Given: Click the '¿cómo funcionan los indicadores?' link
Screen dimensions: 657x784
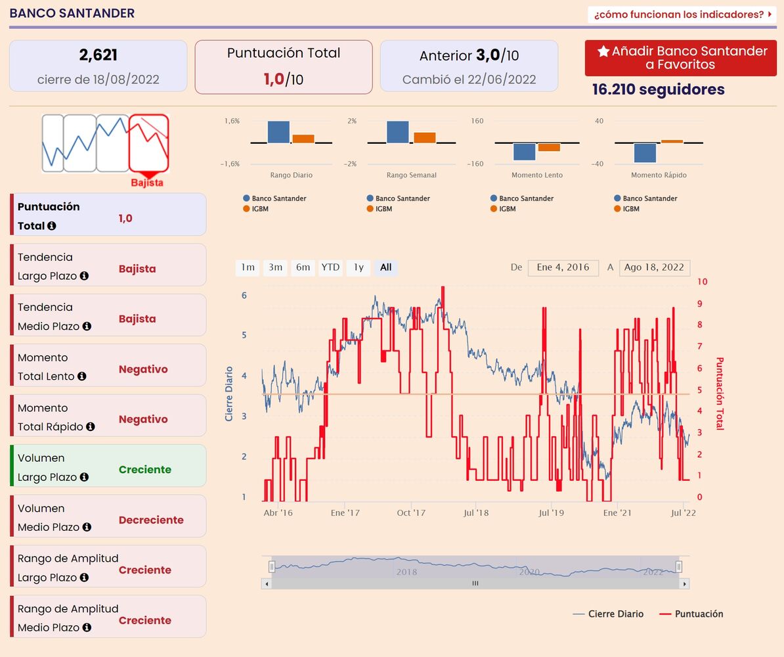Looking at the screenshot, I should [681, 14].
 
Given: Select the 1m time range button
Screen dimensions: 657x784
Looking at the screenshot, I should [248, 267].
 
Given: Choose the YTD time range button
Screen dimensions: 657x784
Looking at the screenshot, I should [330, 267].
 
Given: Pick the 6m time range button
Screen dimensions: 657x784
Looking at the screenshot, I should [303, 267].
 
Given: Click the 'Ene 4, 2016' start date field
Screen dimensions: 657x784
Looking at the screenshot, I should [563, 267].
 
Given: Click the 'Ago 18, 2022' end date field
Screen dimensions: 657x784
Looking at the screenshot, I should [654, 267].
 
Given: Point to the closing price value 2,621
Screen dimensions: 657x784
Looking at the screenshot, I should [98, 55].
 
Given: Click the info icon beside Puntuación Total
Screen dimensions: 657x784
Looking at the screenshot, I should [52, 226].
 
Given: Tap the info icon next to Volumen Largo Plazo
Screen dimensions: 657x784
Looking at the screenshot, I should [84, 478].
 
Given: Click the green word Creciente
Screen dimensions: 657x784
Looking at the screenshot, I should [144, 470].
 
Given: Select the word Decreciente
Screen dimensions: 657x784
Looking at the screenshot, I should [151, 520].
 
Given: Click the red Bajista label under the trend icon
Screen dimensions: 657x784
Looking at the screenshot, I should [147, 183].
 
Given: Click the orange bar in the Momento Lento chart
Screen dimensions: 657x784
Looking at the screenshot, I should [549, 148].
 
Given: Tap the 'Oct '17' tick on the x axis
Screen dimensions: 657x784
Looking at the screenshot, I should [412, 513].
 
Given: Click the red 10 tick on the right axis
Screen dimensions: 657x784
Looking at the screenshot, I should [702, 282].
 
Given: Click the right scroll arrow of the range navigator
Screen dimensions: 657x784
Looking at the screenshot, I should [684, 583].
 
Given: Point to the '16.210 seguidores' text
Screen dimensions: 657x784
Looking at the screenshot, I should [658, 89].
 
